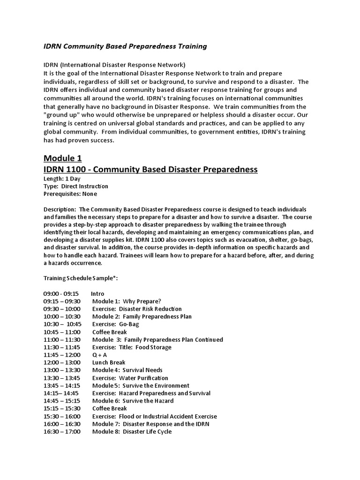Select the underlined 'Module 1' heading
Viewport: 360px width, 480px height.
tap(63, 158)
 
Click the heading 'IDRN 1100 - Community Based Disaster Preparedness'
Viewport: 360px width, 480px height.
tap(150, 169)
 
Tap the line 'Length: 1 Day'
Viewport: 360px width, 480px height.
tap(62, 179)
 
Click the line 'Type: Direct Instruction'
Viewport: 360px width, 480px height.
tap(75, 187)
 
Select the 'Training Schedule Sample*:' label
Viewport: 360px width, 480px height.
tap(81, 278)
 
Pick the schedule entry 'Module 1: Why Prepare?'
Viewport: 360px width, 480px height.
tap(127, 301)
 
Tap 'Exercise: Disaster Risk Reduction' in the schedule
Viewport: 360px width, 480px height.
tap(136, 309)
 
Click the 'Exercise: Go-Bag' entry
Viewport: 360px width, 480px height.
tap(115, 324)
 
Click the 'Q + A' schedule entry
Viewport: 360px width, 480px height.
tap(100, 355)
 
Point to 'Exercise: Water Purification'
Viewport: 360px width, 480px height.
tap(130, 378)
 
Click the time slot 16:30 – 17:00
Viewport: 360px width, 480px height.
tap(62, 431)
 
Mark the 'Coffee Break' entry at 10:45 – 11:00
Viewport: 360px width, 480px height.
tap(110, 332)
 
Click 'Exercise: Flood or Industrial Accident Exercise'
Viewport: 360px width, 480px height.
tap(154, 416)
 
